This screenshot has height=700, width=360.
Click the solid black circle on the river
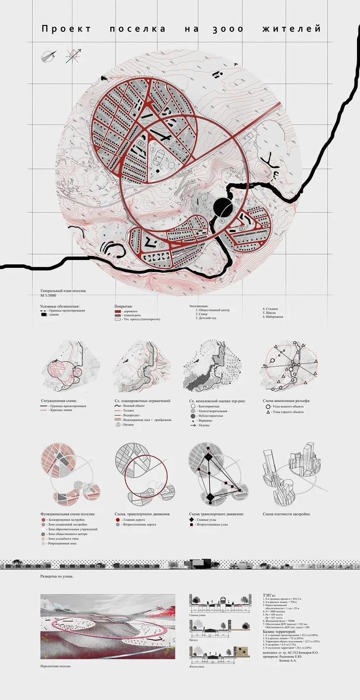point(224,208)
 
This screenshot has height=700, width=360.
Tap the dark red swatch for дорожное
point(117,311)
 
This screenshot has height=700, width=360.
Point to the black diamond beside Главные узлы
point(192,520)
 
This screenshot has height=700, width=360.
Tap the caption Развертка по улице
point(57,577)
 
